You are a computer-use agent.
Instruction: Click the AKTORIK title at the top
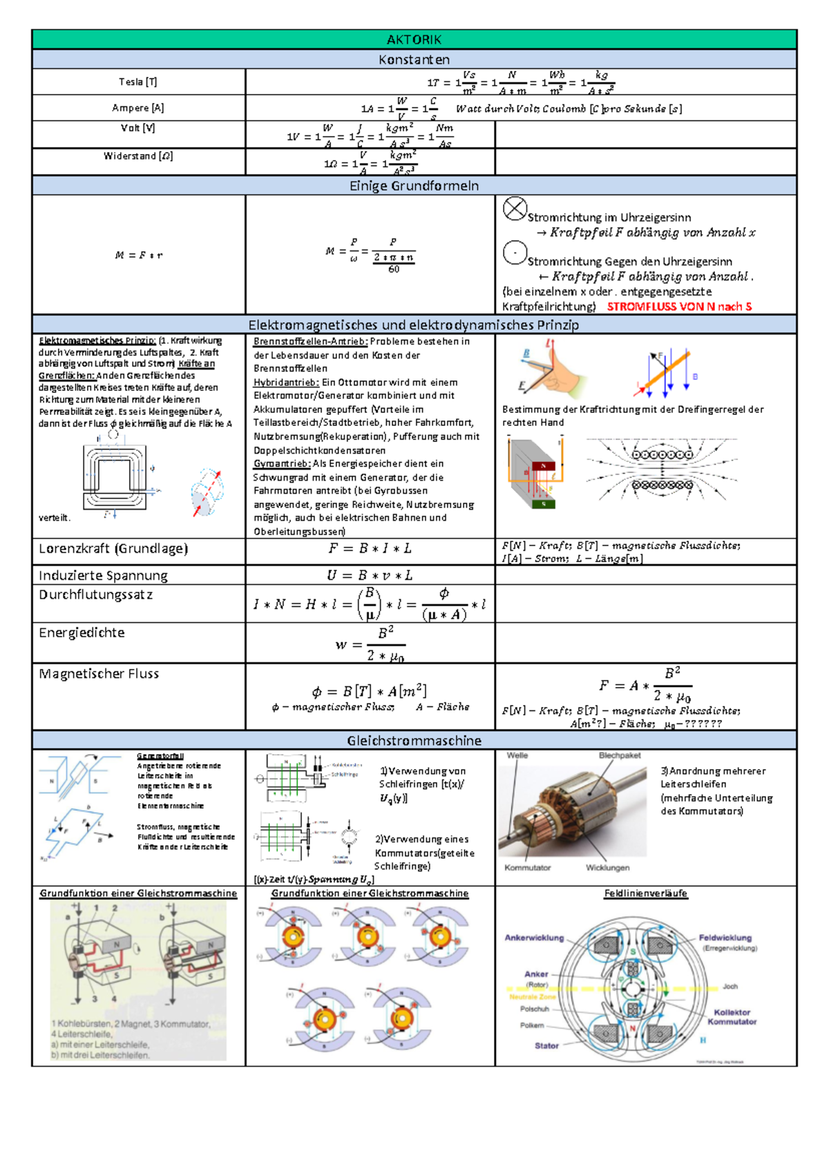pos(414,39)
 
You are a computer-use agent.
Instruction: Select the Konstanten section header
pos(414,59)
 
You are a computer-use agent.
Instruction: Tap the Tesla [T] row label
pos(138,81)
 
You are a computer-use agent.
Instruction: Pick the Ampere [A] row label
pos(138,108)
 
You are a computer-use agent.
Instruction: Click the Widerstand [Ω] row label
pos(138,156)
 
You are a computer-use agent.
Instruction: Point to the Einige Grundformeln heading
pos(414,186)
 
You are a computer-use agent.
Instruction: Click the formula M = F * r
pos(138,255)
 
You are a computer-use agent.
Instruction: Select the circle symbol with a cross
pos(515,209)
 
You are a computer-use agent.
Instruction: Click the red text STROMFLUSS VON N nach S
pos(679,307)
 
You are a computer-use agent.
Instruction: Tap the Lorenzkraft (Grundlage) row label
pos(113,549)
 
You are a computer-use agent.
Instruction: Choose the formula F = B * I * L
pos(370,549)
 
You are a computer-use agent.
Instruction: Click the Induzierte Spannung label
pos(103,576)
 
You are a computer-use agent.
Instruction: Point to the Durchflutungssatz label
pos(96,594)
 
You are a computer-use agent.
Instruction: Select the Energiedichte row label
pos(82,632)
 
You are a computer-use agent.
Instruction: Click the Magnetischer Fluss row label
pos(99,674)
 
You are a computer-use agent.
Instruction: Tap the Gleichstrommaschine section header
pos(414,741)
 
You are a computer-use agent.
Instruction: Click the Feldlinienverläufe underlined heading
pos(646,893)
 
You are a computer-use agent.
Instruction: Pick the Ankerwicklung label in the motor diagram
pos(534,938)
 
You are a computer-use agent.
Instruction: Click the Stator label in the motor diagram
pos(546,1046)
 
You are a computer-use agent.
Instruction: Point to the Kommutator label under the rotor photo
pos(528,868)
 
